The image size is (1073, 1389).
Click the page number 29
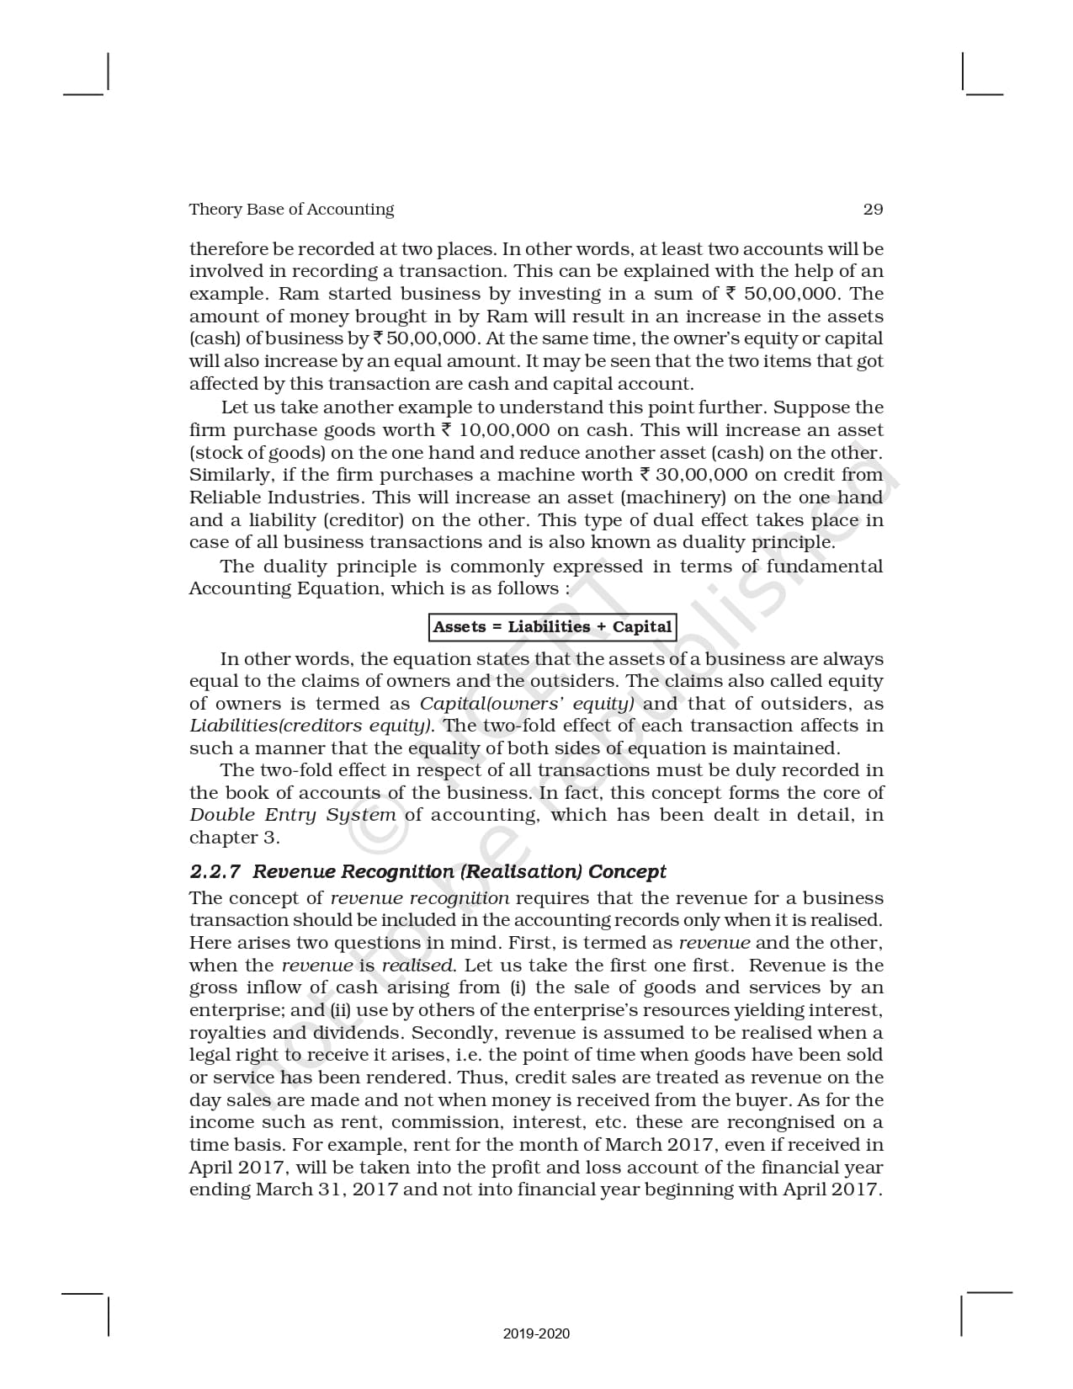(x=873, y=210)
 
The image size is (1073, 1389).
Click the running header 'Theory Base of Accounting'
(x=291, y=210)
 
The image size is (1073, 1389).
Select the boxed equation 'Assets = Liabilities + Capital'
(x=552, y=627)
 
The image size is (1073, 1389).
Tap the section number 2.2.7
(x=215, y=871)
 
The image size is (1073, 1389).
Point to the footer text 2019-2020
(x=536, y=1334)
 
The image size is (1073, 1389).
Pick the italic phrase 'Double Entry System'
(x=292, y=815)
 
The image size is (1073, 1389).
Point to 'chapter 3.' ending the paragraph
(x=234, y=838)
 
